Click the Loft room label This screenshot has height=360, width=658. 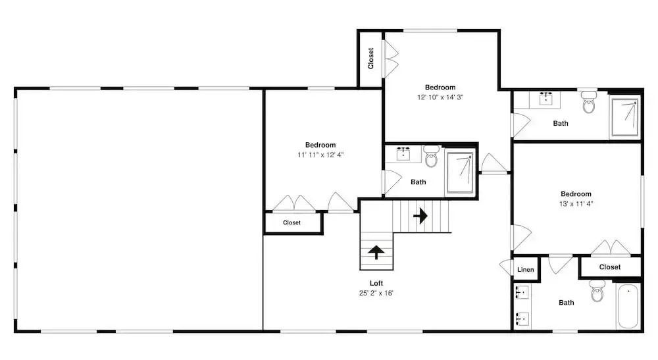376,283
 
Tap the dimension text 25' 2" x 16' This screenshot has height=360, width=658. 376,293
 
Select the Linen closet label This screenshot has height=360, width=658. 525,269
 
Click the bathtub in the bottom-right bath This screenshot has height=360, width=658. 628,306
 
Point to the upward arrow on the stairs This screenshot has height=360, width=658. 376,252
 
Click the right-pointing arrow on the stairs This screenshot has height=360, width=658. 420,216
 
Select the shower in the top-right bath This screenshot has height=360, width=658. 625,117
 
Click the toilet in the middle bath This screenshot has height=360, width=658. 431,156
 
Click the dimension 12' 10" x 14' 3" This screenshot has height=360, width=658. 440,97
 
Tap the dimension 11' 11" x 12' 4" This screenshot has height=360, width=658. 320,155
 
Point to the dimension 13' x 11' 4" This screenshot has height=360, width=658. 576,204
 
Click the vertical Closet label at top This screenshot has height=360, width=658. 370,59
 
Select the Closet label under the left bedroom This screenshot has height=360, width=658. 291,223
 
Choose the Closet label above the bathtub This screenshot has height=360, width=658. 610,267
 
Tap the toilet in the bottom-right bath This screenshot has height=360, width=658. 597,291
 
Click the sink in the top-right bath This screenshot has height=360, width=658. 545,99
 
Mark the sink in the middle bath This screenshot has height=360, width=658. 403,153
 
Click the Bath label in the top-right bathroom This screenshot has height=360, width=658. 561,123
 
